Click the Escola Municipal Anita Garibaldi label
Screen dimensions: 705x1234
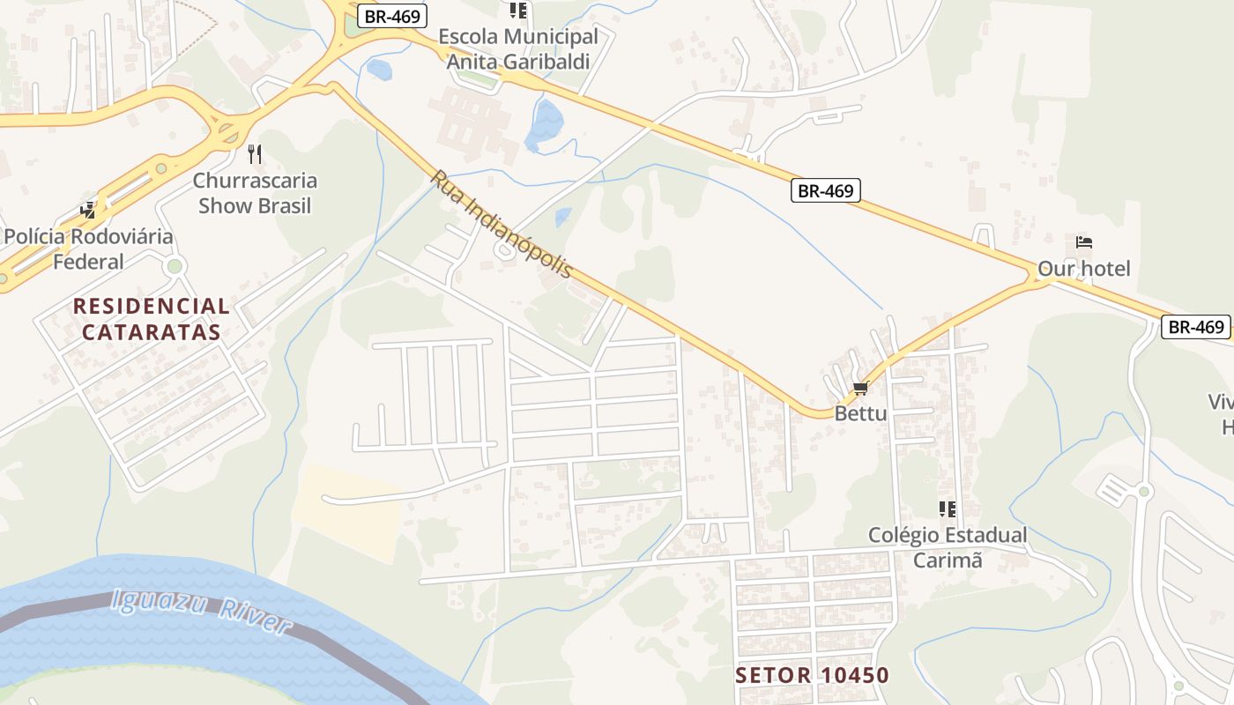[518, 49]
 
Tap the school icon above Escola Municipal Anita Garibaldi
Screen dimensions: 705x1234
[518, 11]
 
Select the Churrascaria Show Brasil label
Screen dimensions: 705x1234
[256, 193]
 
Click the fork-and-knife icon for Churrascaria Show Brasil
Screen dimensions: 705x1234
[256, 155]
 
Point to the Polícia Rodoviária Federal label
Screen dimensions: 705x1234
[88, 249]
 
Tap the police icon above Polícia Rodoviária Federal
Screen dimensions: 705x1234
[88, 210]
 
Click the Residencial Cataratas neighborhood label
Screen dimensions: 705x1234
[151, 319]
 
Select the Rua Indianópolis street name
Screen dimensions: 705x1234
[501, 224]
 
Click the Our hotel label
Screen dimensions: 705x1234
[1083, 269]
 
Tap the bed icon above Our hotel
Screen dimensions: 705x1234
[1083, 242]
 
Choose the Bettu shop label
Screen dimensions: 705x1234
[860, 413]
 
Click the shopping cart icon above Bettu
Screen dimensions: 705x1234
[860, 389]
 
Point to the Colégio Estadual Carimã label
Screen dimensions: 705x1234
[948, 547]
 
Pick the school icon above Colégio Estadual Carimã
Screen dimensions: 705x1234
[948, 508]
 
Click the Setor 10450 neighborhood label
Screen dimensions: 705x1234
[813, 676]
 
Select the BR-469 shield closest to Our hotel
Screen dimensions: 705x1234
[825, 190]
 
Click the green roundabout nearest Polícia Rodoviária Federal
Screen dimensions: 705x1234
[175, 265]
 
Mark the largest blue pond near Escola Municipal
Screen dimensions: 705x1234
[545, 124]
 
